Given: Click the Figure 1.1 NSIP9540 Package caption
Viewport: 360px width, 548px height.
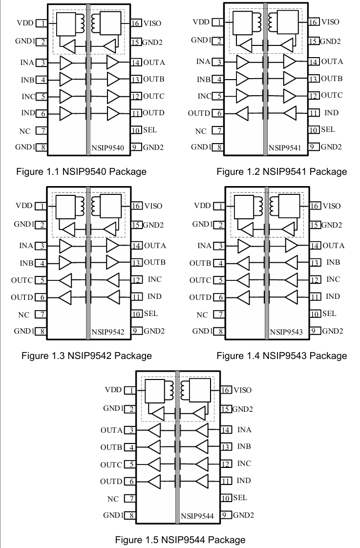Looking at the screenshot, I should coord(81,171).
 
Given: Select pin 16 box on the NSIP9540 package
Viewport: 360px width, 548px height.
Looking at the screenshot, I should coord(136,23).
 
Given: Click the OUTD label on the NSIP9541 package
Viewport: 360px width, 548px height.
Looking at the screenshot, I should coord(199,113).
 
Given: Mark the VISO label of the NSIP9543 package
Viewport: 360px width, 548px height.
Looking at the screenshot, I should coord(332,206).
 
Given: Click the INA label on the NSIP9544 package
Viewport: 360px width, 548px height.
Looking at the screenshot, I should coord(244,430).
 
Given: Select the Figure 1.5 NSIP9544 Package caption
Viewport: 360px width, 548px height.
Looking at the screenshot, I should coord(180,540).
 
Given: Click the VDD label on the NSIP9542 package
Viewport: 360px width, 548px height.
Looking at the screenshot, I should coord(24,206).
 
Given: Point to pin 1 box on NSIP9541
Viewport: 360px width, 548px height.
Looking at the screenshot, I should coord(219,22).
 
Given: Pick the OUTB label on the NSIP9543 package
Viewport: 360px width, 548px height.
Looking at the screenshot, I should coord(200,263).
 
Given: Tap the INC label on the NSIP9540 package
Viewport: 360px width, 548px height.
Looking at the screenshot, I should coord(28,97).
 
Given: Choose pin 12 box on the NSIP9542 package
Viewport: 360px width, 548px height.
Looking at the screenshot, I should coord(136,280).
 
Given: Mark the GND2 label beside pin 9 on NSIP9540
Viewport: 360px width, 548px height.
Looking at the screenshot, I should coord(153,147).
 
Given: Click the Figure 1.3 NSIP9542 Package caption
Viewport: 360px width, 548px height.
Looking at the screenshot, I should coord(86,356).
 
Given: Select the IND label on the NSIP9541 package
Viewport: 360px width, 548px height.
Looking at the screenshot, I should coord(332,113).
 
